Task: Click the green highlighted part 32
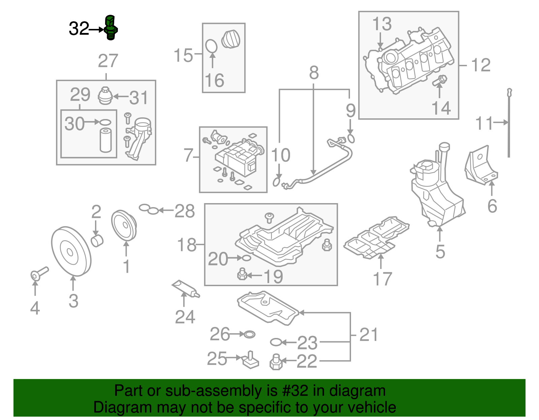tap(110, 28)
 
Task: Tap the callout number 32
tap(78, 29)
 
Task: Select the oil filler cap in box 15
tap(231, 39)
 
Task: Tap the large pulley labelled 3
tap(71, 252)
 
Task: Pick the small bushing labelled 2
tap(97, 241)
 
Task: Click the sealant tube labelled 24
tap(186, 289)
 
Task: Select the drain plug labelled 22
tap(276, 362)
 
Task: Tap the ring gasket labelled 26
tap(249, 335)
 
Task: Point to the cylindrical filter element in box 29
tap(105, 140)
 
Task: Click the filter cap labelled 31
tap(105, 96)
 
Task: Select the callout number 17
tap(382, 279)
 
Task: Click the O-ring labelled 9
tap(351, 139)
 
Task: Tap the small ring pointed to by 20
tap(246, 258)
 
